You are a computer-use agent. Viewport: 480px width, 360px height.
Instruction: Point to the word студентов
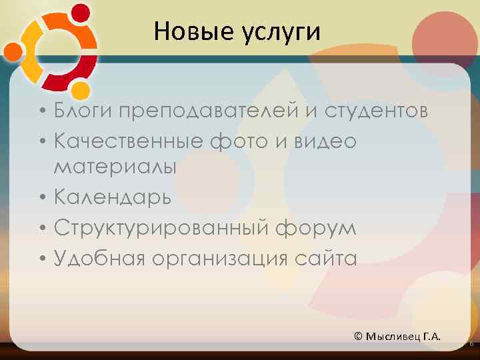coord(376,110)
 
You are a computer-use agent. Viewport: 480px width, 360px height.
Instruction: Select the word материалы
coord(115,167)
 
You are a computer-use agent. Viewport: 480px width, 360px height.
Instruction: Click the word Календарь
coord(113,198)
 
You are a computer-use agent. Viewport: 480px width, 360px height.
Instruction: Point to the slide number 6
coord(471,343)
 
